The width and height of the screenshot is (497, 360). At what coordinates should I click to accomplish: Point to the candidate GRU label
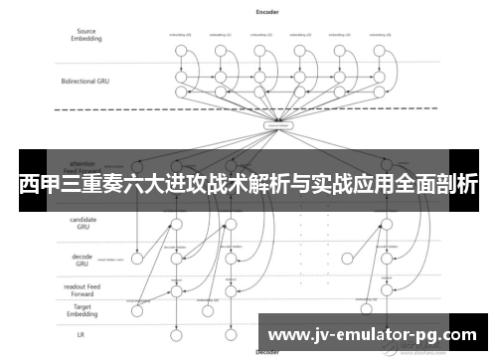coord(83,225)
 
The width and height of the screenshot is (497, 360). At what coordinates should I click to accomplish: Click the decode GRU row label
coord(83,261)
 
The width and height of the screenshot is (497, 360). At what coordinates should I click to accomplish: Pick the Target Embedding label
coord(83,311)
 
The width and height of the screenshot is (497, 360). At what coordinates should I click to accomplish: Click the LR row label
coord(83,335)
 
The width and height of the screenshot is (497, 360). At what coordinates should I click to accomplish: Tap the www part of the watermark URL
coord(289,333)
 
